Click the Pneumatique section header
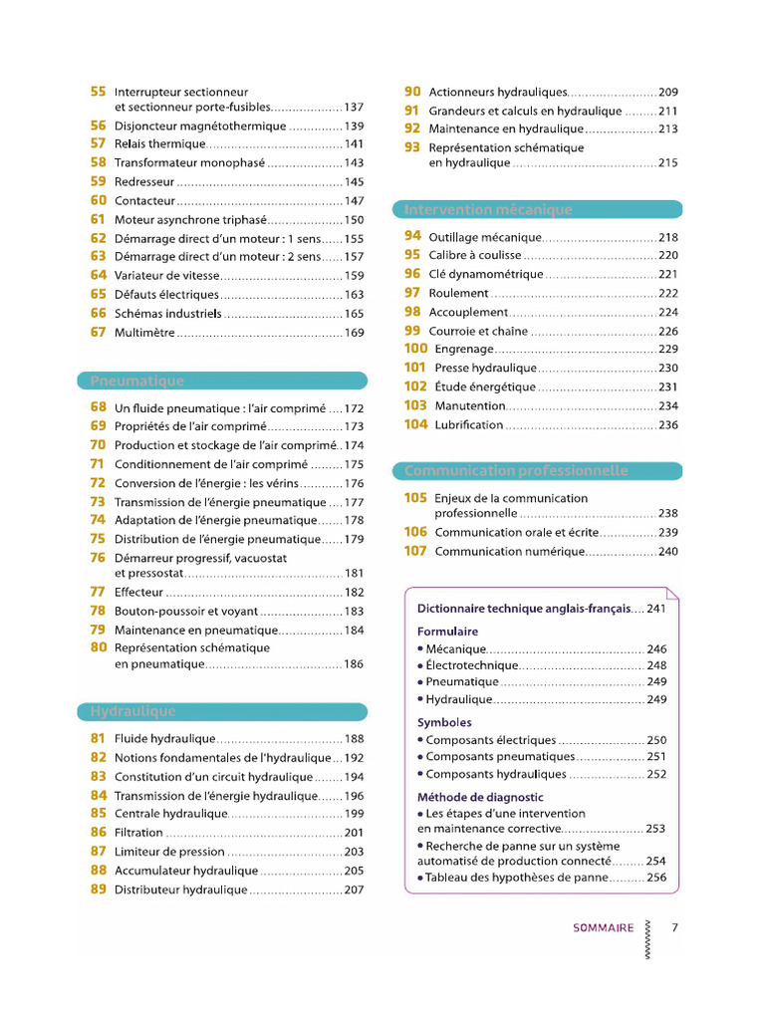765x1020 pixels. pyautogui.click(x=137, y=381)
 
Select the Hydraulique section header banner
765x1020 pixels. pyautogui.click(x=132, y=711)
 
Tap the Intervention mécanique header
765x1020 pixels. pyautogui.click(x=488, y=209)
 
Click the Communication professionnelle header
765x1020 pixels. pyautogui.click(x=516, y=470)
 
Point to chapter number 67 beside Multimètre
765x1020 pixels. pyautogui.click(x=98, y=333)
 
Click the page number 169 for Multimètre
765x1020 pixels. pyautogui.click(x=354, y=333)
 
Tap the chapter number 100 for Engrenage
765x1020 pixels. pyautogui.click(x=415, y=349)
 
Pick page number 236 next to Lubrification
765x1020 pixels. pyautogui.click(x=667, y=425)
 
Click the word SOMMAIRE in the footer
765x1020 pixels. pyautogui.click(x=603, y=927)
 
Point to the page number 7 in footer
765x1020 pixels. pyautogui.click(x=674, y=927)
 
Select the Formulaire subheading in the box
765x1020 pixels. pyautogui.click(x=447, y=632)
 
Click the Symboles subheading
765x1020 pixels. pyautogui.click(x=444, y=722)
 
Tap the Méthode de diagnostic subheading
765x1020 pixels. pyautogui.click(x=480, y=797)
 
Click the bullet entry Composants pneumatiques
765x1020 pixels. pyautogui.click(x=500, y=756)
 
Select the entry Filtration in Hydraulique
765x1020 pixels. pyautogui.click(x=138, y=833)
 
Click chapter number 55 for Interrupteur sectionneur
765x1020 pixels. pyautogui.click(x=98, y=92)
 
